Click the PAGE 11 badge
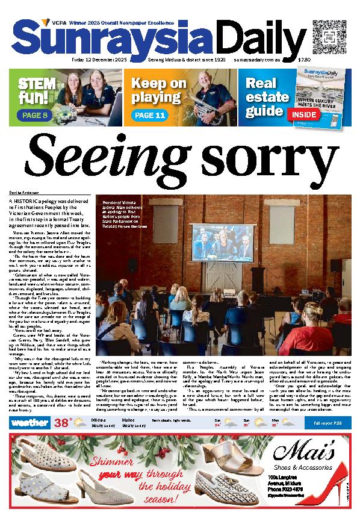point(149,114)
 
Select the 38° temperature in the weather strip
point(63,423)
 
